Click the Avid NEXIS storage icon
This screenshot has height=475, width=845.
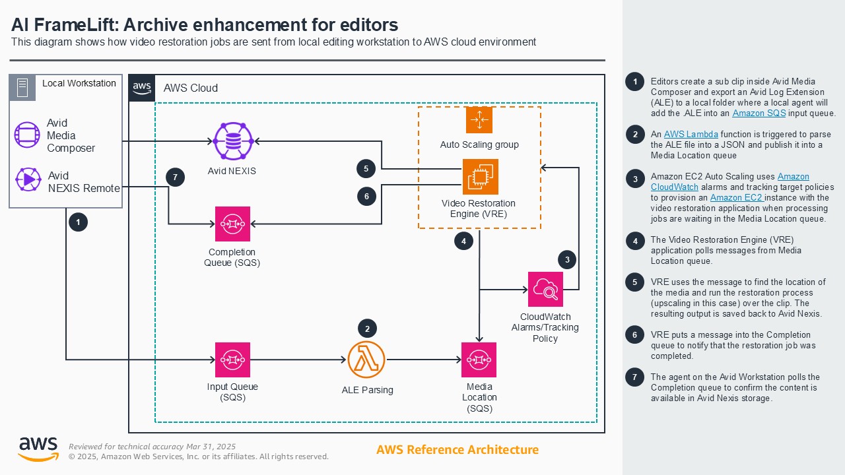(233, 141)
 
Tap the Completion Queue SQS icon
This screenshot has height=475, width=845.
(232, 224)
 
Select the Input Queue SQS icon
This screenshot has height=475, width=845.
(232, 360)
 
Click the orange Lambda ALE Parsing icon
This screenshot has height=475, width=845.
(366, 360)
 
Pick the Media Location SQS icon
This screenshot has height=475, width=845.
(479, 360)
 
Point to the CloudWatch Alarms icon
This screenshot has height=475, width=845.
(545, 289)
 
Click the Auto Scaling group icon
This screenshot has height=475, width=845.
(479, 119)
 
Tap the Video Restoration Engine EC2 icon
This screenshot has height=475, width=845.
(480, 177)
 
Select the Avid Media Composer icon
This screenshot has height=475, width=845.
(27, 135)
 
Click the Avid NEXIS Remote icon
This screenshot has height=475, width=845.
(27, 179)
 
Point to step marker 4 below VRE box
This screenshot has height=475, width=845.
(464, 241)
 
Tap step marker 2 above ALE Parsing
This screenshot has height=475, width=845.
(367, 328)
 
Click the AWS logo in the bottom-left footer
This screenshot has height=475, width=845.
(38, 449)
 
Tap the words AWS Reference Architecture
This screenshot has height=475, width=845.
(457, 450)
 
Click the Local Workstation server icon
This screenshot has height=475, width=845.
(22, 88)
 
